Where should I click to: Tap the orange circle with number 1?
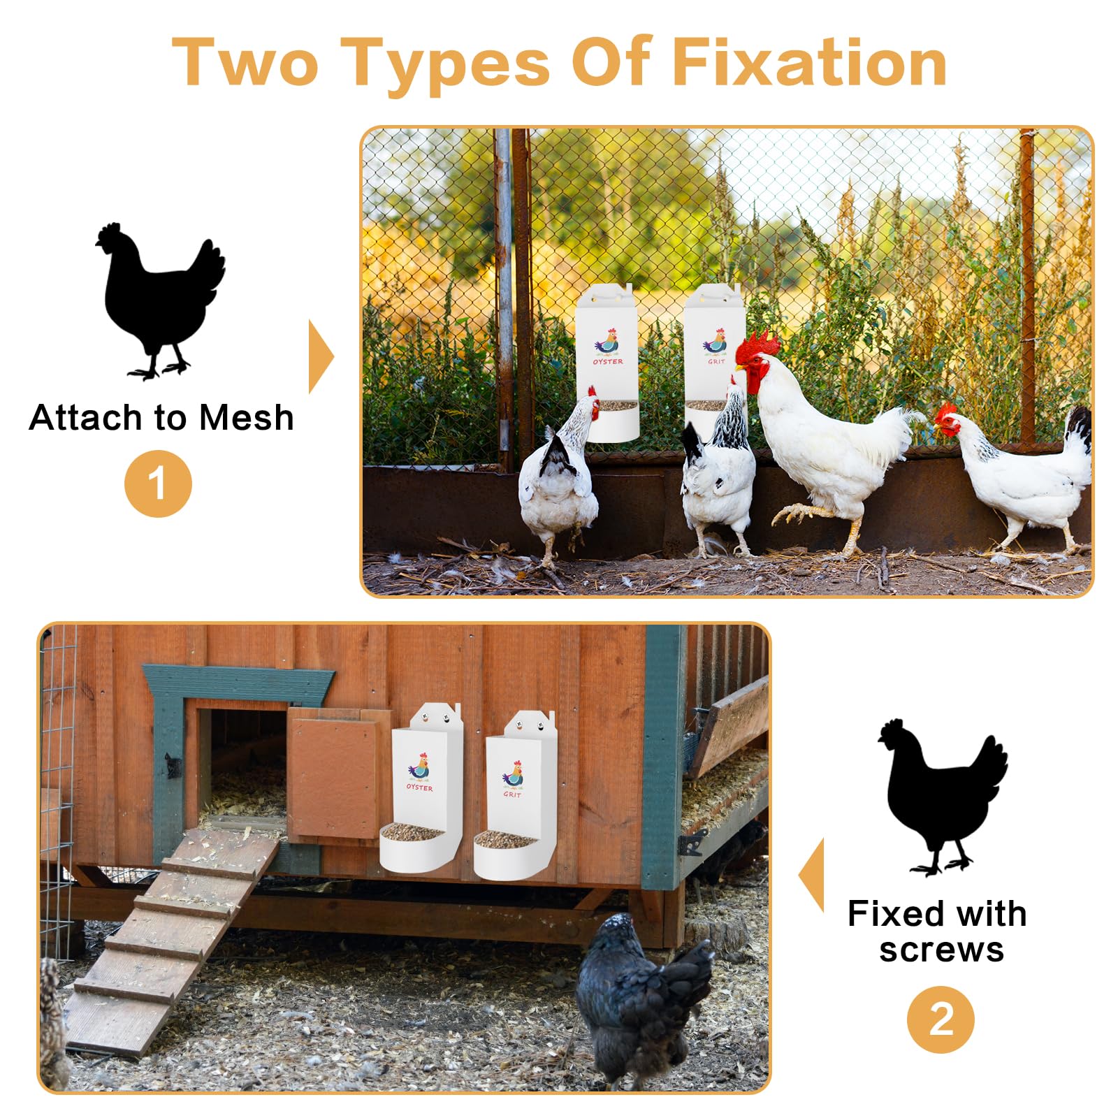158,484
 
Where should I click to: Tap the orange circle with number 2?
941,1019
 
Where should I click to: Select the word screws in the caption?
941,950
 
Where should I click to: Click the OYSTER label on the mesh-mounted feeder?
608,362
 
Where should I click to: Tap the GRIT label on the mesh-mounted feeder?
716,362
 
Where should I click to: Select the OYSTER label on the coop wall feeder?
419,787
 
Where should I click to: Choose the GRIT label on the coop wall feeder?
512,794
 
